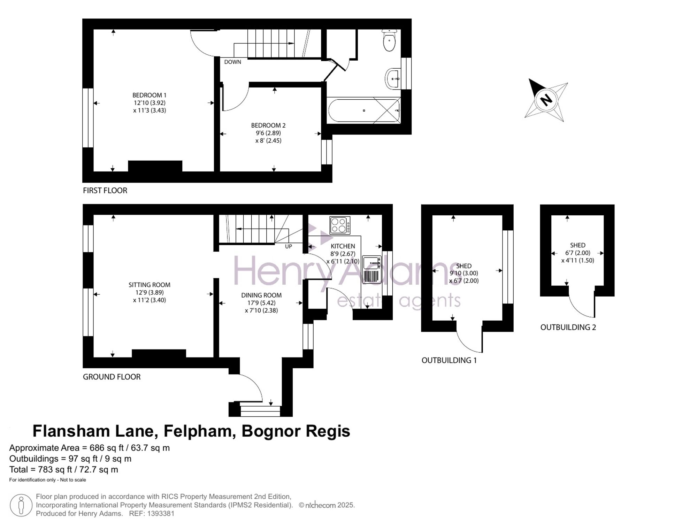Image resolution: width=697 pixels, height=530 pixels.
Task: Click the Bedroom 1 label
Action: [149, 95]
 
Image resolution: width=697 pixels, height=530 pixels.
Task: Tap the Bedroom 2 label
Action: [268, 125]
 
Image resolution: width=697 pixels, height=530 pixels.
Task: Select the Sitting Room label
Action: [149, 285]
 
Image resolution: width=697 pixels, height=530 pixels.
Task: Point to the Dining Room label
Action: [261, 295]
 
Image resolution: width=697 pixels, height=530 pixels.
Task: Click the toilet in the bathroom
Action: [389, 40]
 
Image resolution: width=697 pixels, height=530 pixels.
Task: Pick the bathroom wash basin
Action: [393, 79]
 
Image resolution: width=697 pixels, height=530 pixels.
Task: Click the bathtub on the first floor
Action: [364, 110]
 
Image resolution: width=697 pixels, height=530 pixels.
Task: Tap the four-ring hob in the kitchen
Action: [340, 225]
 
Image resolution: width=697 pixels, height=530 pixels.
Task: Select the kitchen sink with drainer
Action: [372, 269]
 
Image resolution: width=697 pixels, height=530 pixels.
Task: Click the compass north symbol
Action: [546, 100]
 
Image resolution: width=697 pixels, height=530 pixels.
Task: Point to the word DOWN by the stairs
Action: [232, 62]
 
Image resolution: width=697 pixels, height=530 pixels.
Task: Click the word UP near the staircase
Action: [289, 247]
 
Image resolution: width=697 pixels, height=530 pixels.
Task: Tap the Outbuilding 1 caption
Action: [449, 360]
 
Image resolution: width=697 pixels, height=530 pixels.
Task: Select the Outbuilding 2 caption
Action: [568, 327]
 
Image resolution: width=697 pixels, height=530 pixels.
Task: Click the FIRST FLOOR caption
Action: [105, 191]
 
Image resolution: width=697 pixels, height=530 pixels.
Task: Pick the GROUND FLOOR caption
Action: [112, 377]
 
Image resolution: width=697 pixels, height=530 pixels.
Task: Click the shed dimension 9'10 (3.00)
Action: [464, 274]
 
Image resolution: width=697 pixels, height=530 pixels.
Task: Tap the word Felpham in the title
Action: [198, 431]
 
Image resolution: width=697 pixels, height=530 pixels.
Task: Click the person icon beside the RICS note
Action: [21, 505]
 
